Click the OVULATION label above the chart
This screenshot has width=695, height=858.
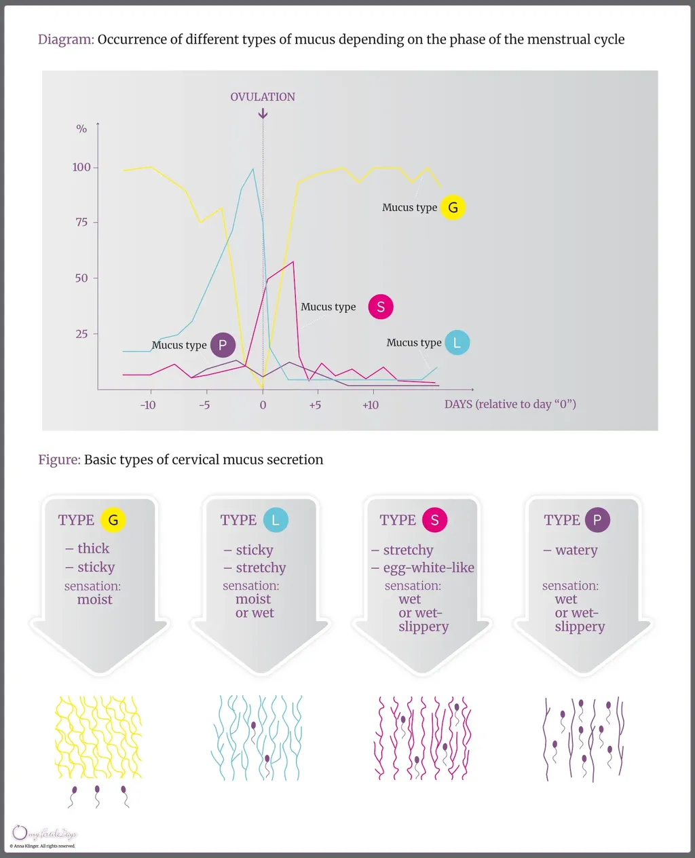tap(263, 97)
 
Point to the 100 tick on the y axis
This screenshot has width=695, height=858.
tap(82, 167)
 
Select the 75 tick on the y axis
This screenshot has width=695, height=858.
tap(82, 223)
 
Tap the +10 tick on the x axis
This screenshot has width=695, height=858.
tap(370, 405)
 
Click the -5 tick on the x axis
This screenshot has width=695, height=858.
tap(204, 405)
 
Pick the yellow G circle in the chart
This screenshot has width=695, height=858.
tap(453, 208)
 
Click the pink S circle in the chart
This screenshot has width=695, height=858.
tap(381, 307)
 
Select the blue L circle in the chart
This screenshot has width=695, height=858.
tap(457, 343)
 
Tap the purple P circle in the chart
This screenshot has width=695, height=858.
tap(223, 345)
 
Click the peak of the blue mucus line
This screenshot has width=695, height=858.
tap(254, 169)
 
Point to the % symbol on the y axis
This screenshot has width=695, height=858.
tap(81, 129)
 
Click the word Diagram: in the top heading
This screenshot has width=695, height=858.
tap(66, 39)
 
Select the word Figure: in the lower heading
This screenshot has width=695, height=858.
tap(59, 460)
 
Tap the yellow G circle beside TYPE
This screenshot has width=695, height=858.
tap(113, 520)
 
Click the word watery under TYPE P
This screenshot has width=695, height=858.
tap(576, 550)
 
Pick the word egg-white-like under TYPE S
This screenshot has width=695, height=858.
tap(428, 567)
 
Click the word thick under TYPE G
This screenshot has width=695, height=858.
tap(93, 548)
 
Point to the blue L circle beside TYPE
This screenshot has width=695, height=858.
tap(275, 520)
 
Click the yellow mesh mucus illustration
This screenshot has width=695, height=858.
tap(98, 737)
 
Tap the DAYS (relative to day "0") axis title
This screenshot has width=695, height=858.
tap(510, 405)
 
